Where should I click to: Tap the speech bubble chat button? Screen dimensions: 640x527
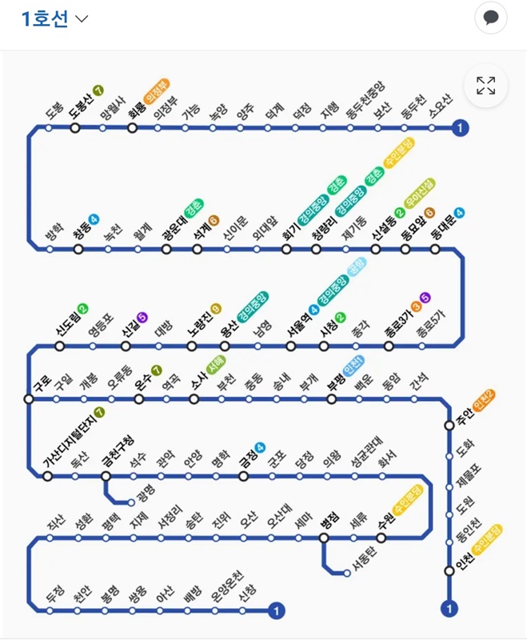tap(491, 18)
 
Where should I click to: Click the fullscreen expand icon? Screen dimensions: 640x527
tap(485, 86)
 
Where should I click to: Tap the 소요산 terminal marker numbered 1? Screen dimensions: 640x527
tap(460, 127)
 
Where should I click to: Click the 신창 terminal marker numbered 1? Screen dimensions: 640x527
tap(277, 611)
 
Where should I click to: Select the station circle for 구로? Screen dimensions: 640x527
tap(29, 398)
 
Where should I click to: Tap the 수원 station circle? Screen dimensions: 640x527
tap(381, 537)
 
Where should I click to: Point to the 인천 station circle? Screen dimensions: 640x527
tap(449, 570)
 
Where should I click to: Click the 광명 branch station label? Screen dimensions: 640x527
tap(146, 490)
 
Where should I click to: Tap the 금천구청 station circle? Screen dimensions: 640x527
tap(106, 476)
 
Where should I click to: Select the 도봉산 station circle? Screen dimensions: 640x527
tap(75, 127)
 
